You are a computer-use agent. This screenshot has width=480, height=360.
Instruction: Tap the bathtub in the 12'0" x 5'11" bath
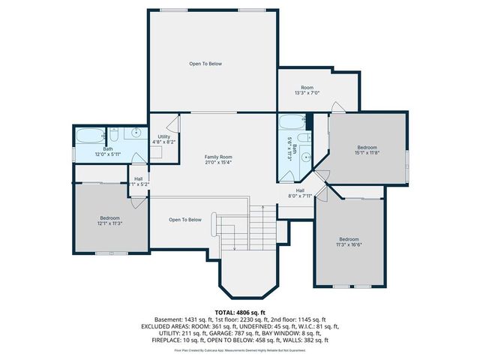pos(89,136)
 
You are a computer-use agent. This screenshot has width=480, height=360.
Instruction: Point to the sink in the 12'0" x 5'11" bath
pos(136,133)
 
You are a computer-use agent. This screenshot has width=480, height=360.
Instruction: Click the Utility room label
pos(163,139)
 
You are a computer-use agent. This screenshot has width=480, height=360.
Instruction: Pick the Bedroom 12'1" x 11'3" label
pos(109,220)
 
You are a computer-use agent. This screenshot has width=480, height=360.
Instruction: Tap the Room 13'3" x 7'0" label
pos(307,90)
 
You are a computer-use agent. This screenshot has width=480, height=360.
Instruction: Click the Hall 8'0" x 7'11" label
pos(300,193)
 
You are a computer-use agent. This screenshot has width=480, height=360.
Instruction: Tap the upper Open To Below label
pos(205,64)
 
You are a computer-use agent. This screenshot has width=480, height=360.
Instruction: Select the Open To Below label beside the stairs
pos(184,220)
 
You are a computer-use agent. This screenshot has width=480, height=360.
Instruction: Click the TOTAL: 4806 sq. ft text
pos(239,311)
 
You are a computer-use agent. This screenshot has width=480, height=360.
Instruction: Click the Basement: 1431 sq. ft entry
pos(179,319)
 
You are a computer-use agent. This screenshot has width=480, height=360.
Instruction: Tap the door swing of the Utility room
pos(172,124)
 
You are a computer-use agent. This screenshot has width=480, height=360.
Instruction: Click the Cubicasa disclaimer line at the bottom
pos(239,350)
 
